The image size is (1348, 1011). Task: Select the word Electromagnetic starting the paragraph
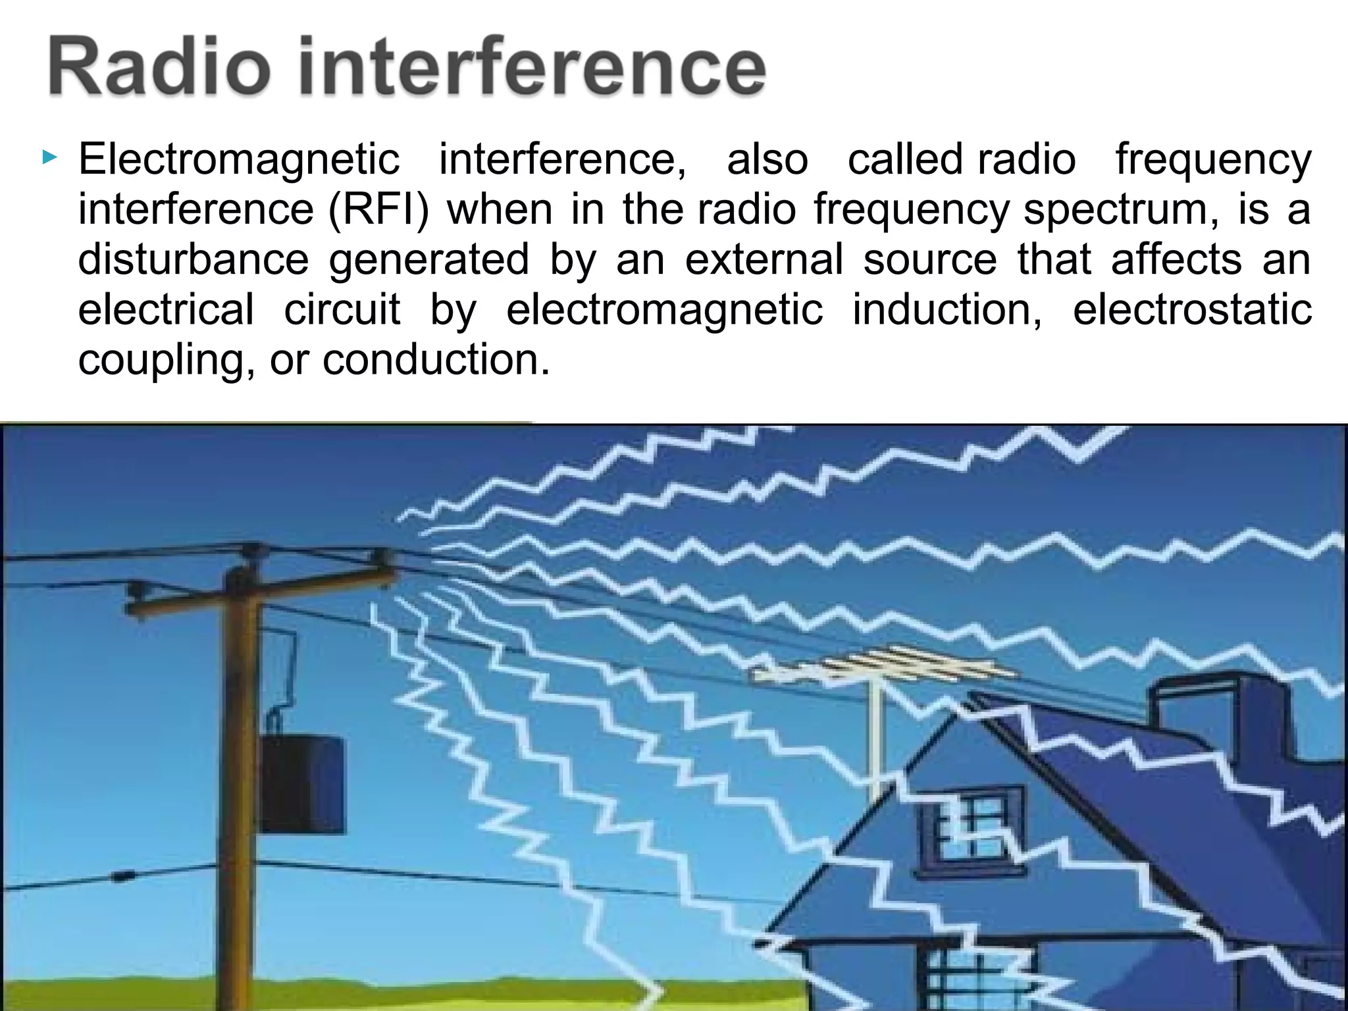tap(239, 159)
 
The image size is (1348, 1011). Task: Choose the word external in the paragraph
tap(764, 259)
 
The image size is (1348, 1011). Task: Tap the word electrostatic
tap(1192, 309)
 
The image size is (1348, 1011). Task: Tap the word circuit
tap(342, 309)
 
